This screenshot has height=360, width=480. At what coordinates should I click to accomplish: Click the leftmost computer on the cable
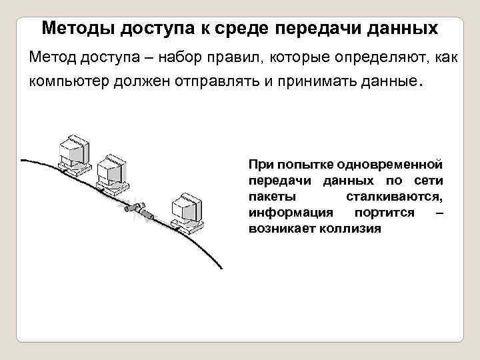point(72,155)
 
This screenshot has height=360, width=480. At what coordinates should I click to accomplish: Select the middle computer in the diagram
point(111,175)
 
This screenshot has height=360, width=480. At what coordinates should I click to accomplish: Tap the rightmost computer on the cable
point(186,213)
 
